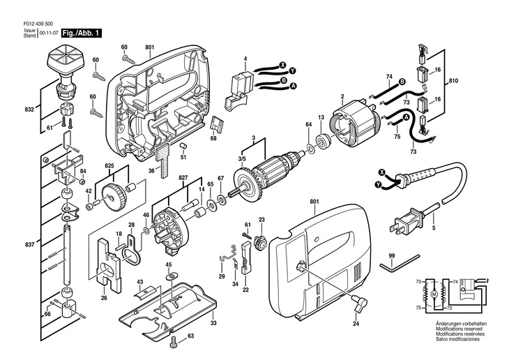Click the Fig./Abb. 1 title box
click(82, 33)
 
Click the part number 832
click(29, 110)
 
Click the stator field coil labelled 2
click(354, 124)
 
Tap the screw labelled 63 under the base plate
click(174, 340)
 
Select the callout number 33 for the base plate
click(213, 323)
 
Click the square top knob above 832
click(66, 59)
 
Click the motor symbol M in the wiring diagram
click(434, 294)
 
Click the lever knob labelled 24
click(360, 303)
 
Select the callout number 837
click(29, 244)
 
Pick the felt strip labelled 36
click(162, 161)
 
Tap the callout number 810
click(453, 80)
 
